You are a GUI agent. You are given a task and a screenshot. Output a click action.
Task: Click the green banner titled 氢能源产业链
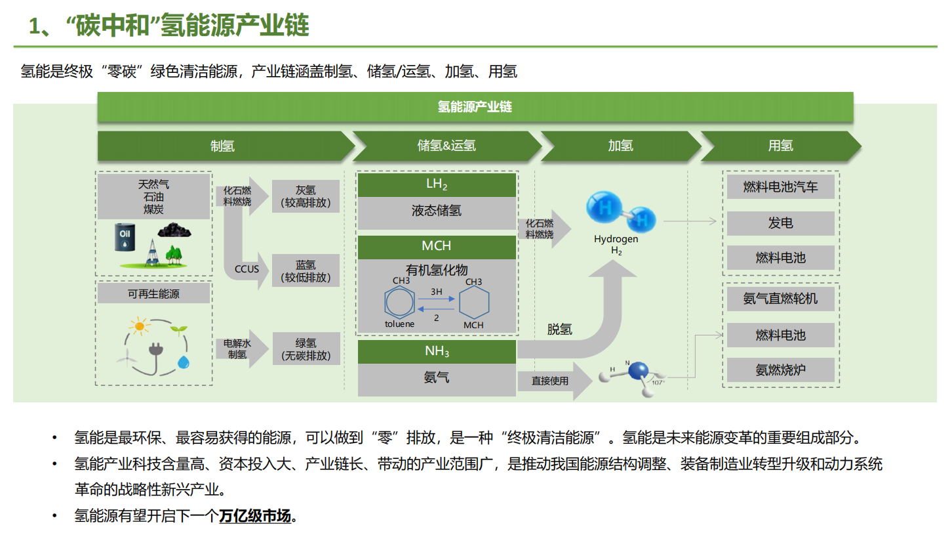tap(475, 107)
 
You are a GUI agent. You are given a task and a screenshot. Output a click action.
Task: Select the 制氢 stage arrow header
tap(223, 146)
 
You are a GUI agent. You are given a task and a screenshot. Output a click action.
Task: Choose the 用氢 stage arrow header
tap(780, 146)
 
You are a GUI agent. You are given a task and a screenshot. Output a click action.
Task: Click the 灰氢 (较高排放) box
tap(306, 196)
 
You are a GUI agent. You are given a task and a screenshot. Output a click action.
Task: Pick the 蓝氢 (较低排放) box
tap(306, 270)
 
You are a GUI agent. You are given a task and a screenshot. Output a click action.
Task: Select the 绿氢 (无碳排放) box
tap(306, 349)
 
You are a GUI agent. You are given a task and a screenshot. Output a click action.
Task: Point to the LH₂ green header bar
tap(437, 184)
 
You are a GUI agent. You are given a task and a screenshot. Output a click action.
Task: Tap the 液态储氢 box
tap(437, 211)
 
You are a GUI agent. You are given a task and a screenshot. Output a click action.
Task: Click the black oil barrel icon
tap(123, 237)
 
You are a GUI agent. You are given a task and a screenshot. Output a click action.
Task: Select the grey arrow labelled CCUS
tap(249, 269)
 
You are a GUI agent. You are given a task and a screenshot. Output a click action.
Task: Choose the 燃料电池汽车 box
tap(780, 187)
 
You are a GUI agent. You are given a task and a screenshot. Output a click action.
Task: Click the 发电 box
tap(780, 223)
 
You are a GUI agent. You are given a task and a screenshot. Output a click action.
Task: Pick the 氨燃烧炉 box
tap(780, 370)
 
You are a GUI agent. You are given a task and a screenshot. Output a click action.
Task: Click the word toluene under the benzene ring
tap(399, 324)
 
